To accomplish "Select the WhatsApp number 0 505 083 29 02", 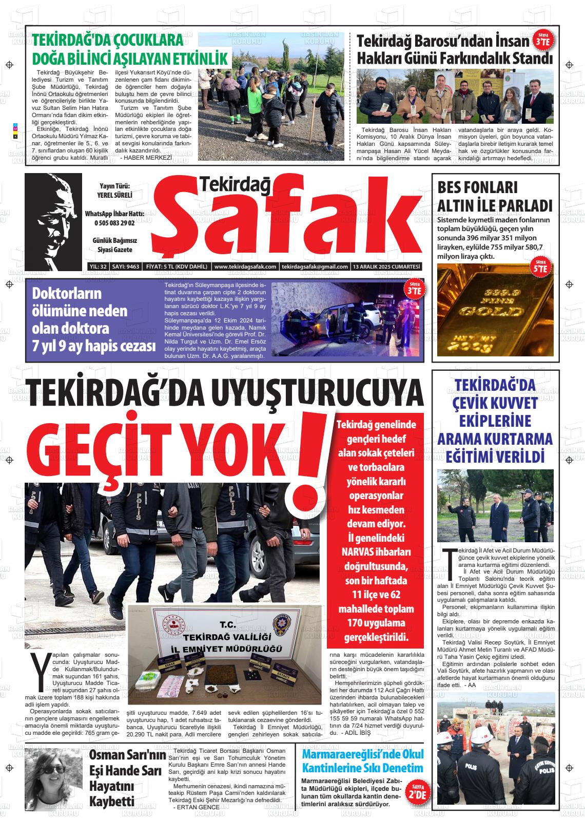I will click(x=114, y=223).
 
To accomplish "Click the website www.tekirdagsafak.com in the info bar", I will click(x=245, y=267).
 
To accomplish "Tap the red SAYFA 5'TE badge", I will click(x=540, y=268).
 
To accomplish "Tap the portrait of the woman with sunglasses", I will click(x=53, y=777).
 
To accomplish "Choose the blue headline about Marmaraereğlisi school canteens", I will click(x=363, y=761).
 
